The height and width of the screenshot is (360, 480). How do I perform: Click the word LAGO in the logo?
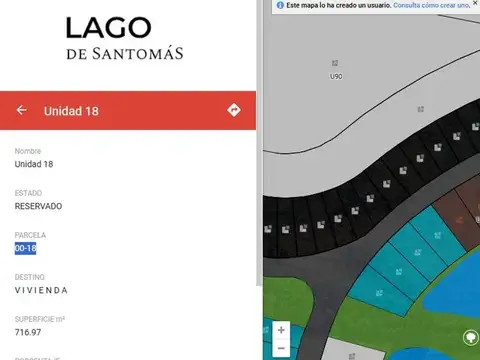pyautogui.click(x=109, y=29)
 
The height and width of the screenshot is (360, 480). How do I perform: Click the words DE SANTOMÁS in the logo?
pyautogui.click(x=125, y=53)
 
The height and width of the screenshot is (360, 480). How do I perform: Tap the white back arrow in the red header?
pyautogui.click(x=22, y=110)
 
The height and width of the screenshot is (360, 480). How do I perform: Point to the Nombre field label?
pyautogui.click(x=28, y=151)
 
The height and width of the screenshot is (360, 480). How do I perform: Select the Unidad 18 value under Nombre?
pyautogui.click(x=34, y=164)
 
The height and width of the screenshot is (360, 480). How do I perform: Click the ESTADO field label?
pyautogui.click(x=28, y=193)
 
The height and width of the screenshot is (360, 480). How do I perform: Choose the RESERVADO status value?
pyautogui.click(x=38, y=206)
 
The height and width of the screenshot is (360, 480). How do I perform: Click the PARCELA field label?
pyautogui.click(x=30, y=235)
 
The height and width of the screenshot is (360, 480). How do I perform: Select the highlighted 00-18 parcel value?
pyautogui.click(x=25, y=248)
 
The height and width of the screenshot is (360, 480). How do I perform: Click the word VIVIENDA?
pyautogui.click(x=41, y=290)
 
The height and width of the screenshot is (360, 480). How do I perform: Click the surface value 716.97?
pyautogui.click(x=28, y=332)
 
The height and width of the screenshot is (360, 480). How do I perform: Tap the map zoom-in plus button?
pyautogui.click(x=282, y=330)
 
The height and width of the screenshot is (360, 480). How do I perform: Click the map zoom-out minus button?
pyautogui.click(x=282, y=348)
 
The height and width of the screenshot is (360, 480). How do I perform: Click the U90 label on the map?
pyautogui.click(x=336, y=76)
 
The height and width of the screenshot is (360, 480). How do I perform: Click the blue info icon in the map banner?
pyautogui.click(x=280, y=5)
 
